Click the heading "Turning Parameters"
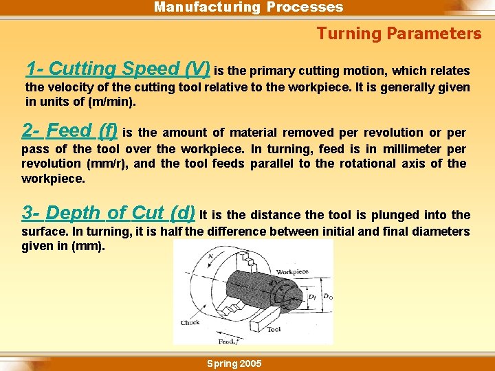coord(399,34)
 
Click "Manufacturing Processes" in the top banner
coord(248,8)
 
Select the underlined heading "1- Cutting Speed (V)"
coord(118,69)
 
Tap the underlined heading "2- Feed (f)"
coord(69,131)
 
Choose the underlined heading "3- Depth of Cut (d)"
coord(109,213)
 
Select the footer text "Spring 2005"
coord(234,363)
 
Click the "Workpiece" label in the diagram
coord(291,272)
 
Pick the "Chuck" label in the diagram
coord(190,322)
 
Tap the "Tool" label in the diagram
coord(273,329)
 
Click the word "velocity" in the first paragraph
coord(73,87)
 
